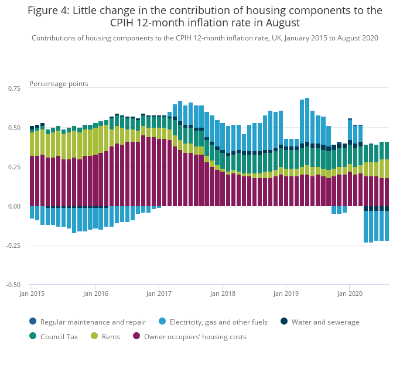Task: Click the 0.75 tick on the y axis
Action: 13,88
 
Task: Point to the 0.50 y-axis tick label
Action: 13,127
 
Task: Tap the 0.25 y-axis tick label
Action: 13,167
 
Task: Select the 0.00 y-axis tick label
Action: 13,206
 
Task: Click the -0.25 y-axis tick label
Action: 12,245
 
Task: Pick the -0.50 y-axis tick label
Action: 12,285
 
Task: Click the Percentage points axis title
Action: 59,84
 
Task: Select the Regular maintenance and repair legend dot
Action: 33,321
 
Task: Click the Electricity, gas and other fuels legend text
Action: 218,322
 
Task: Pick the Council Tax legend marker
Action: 33,336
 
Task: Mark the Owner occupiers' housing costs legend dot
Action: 137,336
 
